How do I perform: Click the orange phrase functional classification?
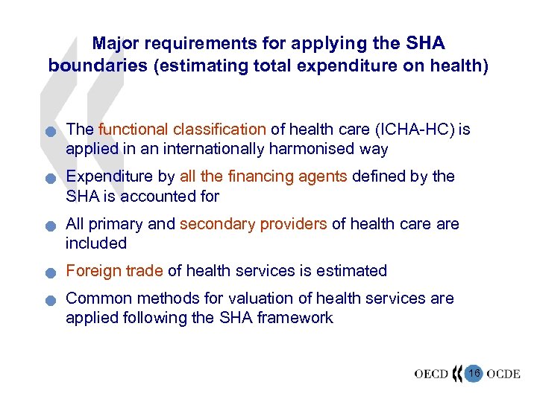[x=182, y=130]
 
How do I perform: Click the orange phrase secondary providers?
[x=253, y=224]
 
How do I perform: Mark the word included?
[x=96, y=243]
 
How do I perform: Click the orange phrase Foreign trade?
[x=115, y=271]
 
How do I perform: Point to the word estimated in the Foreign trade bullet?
[x=351, y=271]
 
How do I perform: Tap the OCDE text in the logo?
[x=503, y=373]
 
